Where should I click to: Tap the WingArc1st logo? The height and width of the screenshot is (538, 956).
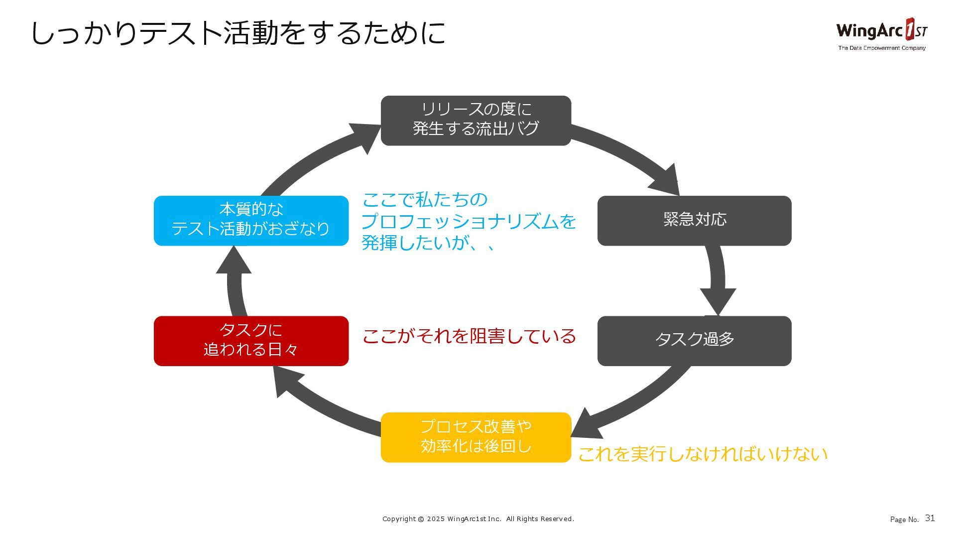pyautogui.click(x=881, y=30)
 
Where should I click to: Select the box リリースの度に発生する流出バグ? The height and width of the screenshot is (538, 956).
pyautogui.click(x=476, y=121)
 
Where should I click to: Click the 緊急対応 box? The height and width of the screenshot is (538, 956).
pyautogui.click(x=694, y=220)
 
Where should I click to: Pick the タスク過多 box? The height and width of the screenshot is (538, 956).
pyautogui.click(x=694, y=341)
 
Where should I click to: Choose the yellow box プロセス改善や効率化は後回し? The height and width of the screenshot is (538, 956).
pyautogui.click(x=476, y=437)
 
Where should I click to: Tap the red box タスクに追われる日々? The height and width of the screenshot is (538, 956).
pyautogui.click(x=251, y=341)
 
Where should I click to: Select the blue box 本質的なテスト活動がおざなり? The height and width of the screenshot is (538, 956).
pyautogui.click(x=251, y=220)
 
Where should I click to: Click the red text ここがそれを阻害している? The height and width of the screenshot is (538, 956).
pyautogui.click(x=469, y=336)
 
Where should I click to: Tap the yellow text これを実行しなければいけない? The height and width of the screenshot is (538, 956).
pyautogui.click(x=703, y=454)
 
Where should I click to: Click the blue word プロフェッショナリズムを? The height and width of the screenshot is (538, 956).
pyautogui.click(x=469, y=221)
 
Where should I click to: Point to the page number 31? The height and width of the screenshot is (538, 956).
pyautogui.click(x=930, y=518)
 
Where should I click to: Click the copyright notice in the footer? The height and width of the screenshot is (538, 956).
pyautogui.click(x=478, y=519)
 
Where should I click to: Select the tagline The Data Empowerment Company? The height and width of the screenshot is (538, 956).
pyautogui.click(x=881, y=48)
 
